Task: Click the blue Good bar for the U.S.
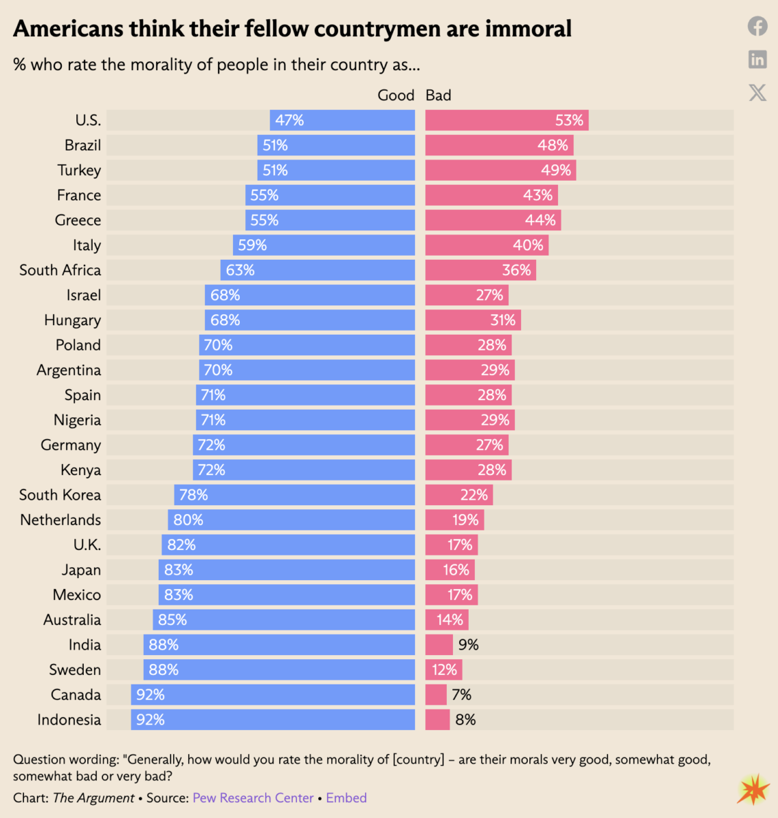click(x=342, y=121)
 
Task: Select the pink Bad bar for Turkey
click(x=501, y=170)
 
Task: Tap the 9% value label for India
click(x=468, y=645)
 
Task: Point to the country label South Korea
click(x=60, y=495)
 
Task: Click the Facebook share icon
click(x=758, y=27)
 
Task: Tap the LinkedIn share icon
click(x=758, y=59)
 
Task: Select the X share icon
click(x=758, y=92)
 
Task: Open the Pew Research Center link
click(x=253, y=798)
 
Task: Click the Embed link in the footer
click(x=346, y=798)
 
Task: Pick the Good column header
click(x=396, y=95)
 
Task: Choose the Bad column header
click(x=438, y=95)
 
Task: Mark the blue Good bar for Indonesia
click(x=273, y=720)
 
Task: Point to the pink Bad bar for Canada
click(x=436, y=695)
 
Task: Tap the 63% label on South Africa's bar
click(x=240, y=271)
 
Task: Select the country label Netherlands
click(x=61, y=520)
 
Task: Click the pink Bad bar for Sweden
click(x=444, y=670)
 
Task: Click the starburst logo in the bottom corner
click(x=753, y=790)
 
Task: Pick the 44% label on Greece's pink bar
click(x=540, y=220)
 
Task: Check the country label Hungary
click(x=72, y=320)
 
